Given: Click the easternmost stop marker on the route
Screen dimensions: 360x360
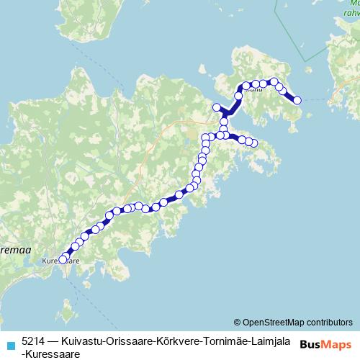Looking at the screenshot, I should [297, 100].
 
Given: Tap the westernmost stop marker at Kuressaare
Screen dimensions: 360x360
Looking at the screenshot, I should [62, 259].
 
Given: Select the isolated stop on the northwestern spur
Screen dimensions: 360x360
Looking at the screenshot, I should [216, 107].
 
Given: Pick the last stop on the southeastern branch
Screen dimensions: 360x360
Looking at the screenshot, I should [253, 143].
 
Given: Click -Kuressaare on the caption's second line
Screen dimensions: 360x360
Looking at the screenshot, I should [50, 353].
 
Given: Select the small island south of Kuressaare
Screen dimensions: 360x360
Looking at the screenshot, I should [67, 314].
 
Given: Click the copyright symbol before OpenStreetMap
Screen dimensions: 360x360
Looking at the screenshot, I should [238, 322].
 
